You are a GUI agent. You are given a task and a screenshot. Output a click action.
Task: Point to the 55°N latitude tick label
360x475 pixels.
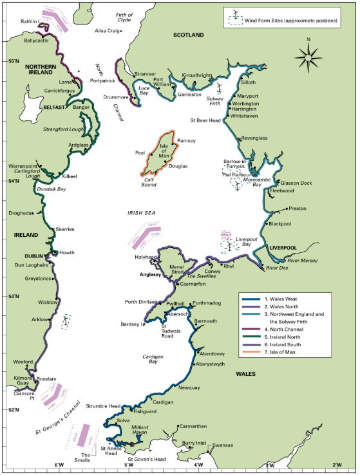click(14, 61)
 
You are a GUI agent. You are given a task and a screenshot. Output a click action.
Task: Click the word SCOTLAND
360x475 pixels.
click(188, 35)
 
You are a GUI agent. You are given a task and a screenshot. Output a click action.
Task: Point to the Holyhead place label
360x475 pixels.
click(145, 257)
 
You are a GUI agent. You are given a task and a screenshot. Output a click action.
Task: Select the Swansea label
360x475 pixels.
click(223, 445)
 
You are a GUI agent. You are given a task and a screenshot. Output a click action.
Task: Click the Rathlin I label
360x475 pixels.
click(29, 21)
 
